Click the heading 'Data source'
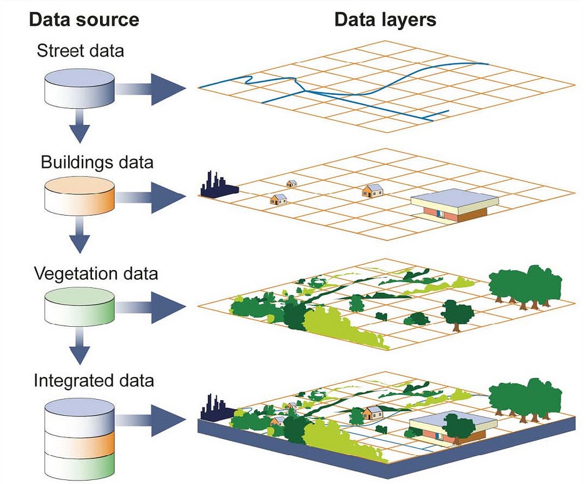coord(84,19)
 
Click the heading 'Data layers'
coord(385,19)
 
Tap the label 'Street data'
coord(80,51)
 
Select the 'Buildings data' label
coord(97,162)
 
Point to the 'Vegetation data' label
coord(96,274)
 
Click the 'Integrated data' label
coord(94,380)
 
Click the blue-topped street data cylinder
coord(80,88)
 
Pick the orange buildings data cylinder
coord(80,196)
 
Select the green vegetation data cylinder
coord(80,307)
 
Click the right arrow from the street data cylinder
coord(150,89)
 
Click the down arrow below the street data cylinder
coord(80,125)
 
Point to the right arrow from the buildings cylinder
coord(150,197)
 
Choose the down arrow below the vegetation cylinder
coord(80,346)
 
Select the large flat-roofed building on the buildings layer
coord(454,206)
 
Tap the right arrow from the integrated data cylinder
coord(150,420)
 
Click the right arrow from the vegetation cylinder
coord(150,307)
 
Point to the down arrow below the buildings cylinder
coord(80,235)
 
